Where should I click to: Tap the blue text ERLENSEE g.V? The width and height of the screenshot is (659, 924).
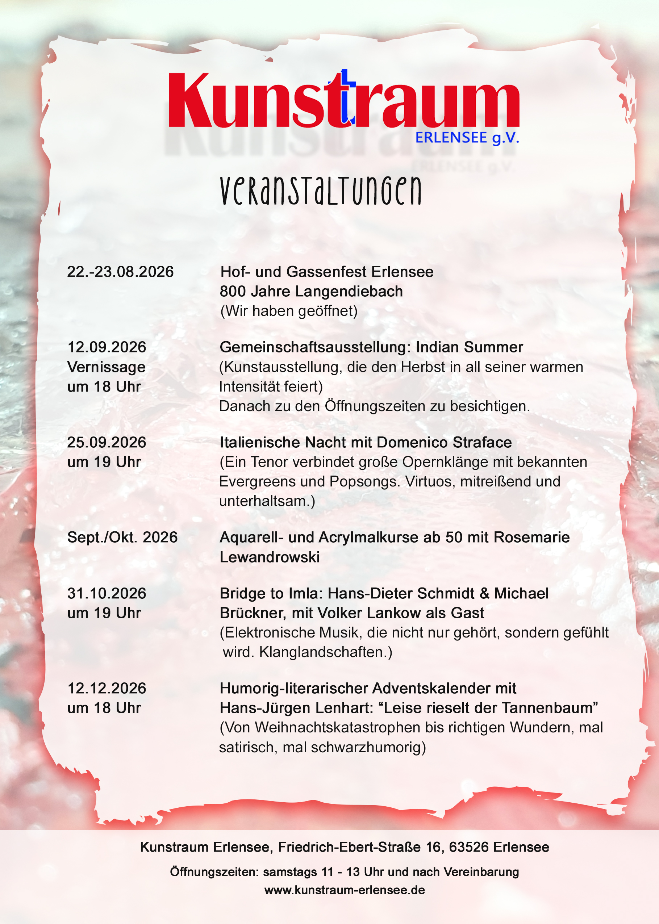pos(467,138)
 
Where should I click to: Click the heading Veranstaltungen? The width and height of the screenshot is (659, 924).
pos(321,191)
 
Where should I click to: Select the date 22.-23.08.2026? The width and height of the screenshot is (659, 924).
pos(120,272)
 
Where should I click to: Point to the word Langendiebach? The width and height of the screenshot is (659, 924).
pos(349,291)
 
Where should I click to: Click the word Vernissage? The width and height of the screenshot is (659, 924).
pos(106,367)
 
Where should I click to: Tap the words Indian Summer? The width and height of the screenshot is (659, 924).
pos(469,347)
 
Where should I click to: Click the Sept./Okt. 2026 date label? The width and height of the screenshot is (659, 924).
pos(122,538)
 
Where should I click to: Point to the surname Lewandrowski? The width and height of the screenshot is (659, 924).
pos(270,557)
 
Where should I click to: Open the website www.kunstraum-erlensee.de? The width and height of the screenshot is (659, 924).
pos(345,890)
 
